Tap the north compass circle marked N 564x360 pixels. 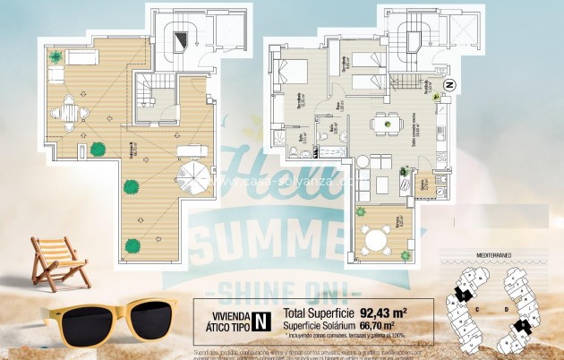coord(450,86)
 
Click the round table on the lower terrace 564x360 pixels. coord(374,239)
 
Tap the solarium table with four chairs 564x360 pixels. coord(70,113)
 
